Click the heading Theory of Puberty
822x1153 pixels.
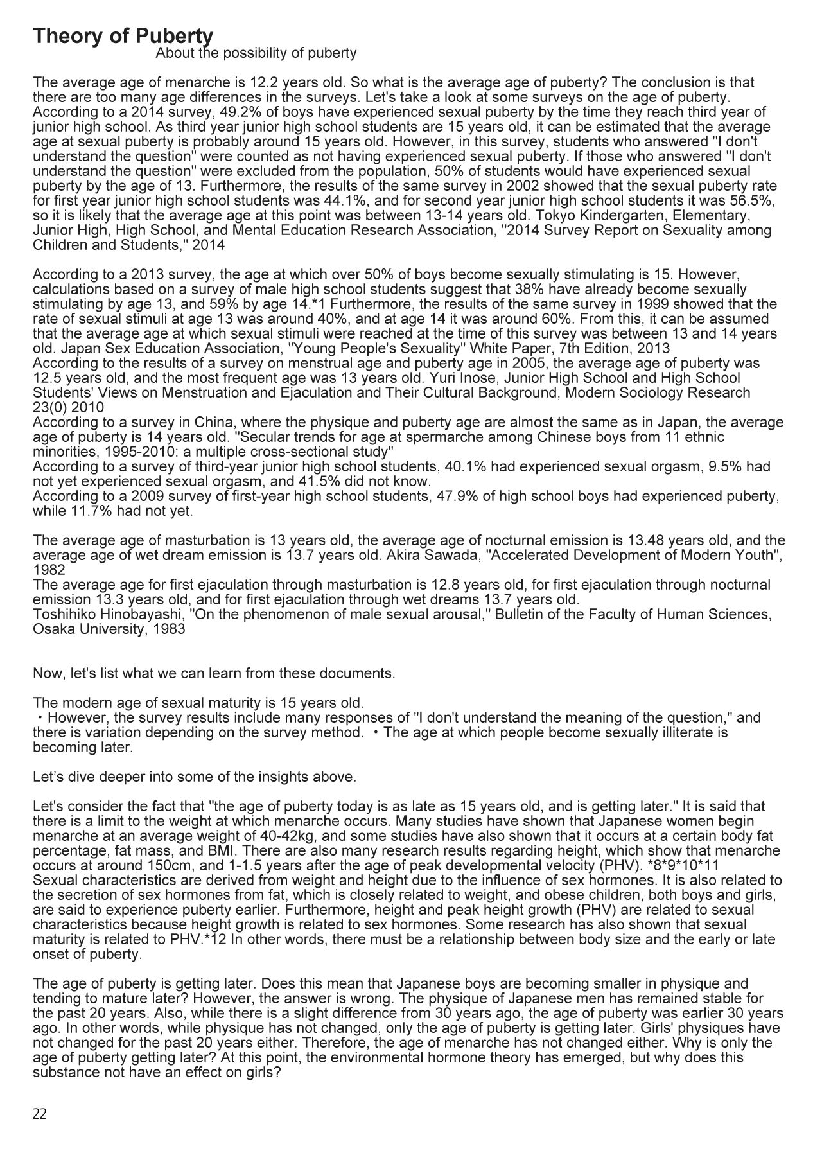pos(123,36)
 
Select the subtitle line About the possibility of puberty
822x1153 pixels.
pos(256,53)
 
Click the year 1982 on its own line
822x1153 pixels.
pos(48,570)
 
